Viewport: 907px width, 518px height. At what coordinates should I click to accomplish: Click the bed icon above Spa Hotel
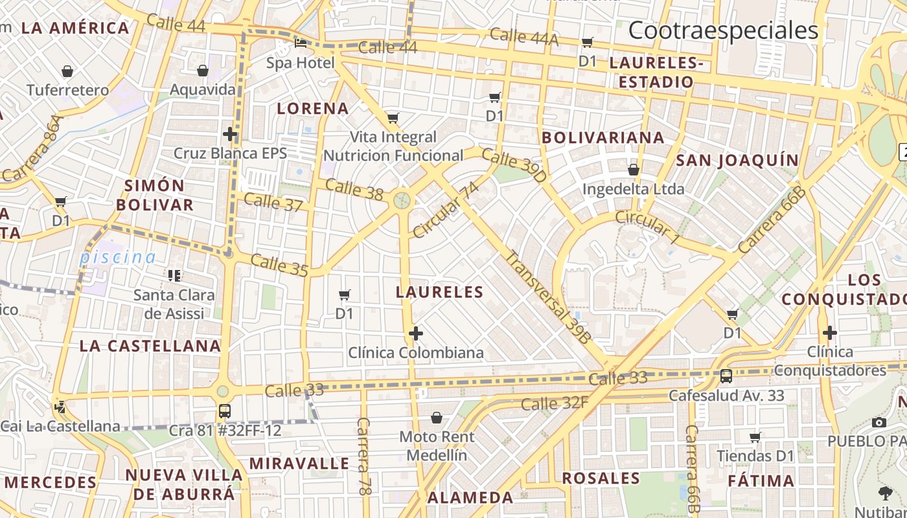click(x=301, y=43)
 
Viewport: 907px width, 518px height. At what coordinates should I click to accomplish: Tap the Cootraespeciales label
click(x=723, y=30)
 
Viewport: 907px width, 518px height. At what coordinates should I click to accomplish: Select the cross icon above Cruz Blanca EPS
click(x=229, y=135)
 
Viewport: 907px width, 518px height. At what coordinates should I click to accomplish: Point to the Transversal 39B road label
click(x=548, y=297)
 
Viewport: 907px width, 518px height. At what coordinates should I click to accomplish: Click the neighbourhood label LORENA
click(x=313, y=108)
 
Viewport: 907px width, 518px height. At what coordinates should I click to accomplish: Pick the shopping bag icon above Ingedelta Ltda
click(x=633, y=170)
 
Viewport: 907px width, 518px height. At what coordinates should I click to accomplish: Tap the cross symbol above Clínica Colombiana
click(x=415, y=334)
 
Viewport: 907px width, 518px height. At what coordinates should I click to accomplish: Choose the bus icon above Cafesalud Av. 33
click(x=726, y=376)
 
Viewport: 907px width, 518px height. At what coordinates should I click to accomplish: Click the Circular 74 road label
click(x=446, y=210)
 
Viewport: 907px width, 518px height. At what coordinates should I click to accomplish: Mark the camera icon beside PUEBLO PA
click(x=878, y=422)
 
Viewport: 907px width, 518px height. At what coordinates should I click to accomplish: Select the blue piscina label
click(x=118, y=257)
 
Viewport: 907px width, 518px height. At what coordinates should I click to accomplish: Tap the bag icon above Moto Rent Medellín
click(x=436, y=418)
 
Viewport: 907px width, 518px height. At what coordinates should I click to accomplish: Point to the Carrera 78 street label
click(x=363, y=456)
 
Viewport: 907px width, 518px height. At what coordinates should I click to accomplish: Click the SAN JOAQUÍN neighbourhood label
click(x=737, y=160)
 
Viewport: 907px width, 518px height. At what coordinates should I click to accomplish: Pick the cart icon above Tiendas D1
click(x=755, y=438)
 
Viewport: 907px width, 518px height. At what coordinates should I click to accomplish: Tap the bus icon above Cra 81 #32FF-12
click(x=224, y=411)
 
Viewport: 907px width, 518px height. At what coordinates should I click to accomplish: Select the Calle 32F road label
click(x=554, y=403)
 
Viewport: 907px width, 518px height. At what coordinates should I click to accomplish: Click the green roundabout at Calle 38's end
click(x=402, y=200)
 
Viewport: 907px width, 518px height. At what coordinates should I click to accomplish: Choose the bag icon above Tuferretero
click(x=67, y=71)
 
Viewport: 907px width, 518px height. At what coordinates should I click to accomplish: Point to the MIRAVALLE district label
click(x=299, y=464)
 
